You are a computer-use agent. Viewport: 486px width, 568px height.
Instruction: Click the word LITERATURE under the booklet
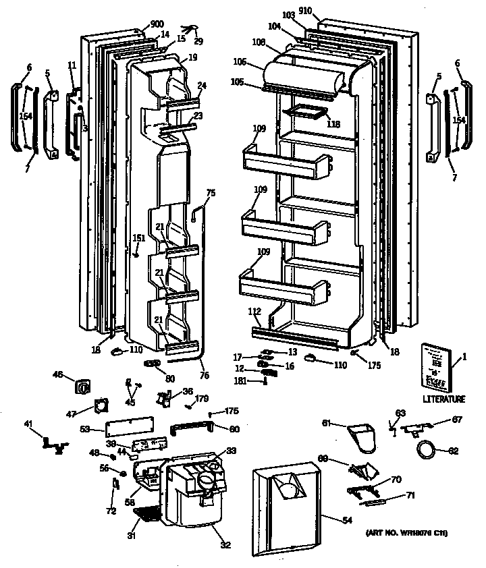443,399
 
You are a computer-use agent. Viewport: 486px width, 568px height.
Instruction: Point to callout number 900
157,24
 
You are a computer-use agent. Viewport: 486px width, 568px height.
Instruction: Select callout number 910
305,11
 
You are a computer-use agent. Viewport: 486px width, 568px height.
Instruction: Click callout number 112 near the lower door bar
254,312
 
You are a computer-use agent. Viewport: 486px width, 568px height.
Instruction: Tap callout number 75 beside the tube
211,194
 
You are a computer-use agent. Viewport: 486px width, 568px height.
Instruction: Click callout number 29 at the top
198,41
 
